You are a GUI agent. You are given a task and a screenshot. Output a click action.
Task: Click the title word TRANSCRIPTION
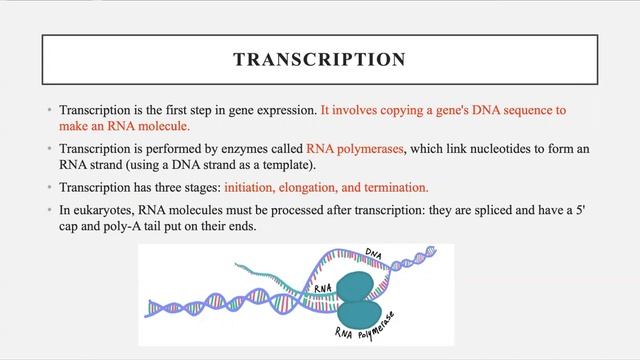pos(319,60)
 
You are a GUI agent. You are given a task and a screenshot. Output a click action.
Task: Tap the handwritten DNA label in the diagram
pos(374,254)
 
